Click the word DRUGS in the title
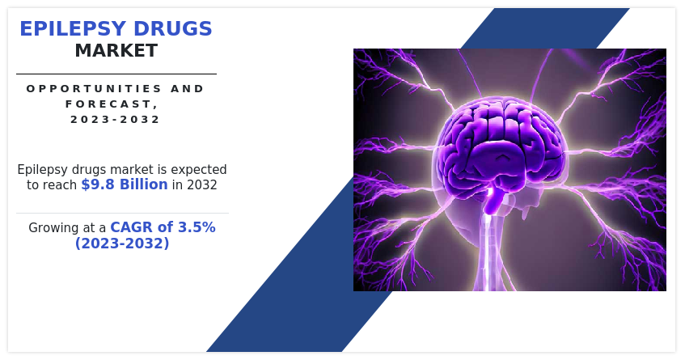pyautogui.click(x=173, y=29)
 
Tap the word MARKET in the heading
pyautogui.click(x=116, y=51)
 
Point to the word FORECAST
pyautogui.click(x=112, y=104)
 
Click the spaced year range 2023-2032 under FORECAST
pyautogui.click(x=116, y=119)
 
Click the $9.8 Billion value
pyautogui.click(x=125, y=184)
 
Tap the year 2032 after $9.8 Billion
pyautogui.click(x=202, y=184)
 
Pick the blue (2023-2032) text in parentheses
pyautogui.click(x=122, y=243)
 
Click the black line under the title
pyautogui.click(x=116, y=74)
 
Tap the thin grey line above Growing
pyautogui.click(x=122, y=214)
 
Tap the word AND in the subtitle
pyautogui.click(x=188, y=89)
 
